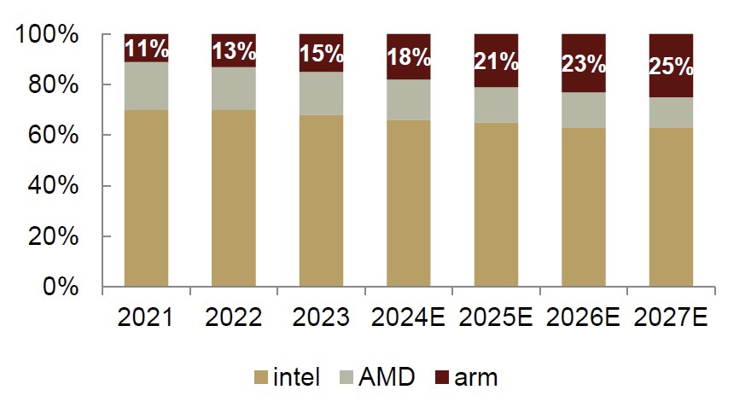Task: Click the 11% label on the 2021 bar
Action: [x=146, y=49]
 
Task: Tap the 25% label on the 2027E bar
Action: [x=671, y=65]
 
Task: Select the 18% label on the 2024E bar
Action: [x=409, y=56]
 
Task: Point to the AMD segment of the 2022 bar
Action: [x=234, y=89]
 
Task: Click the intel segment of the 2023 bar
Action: [x=321, y=200]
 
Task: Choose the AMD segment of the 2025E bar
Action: [x=496, y=105]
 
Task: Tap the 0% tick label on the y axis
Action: [x=60, y=287]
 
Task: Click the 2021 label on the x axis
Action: [x=145, y=318]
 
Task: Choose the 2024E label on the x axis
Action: [x=409, y=318]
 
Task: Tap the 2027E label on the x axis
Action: [x=671, y=318]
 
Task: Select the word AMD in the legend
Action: [x=387, y=376]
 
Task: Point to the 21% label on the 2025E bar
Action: [x=496, y=61]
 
